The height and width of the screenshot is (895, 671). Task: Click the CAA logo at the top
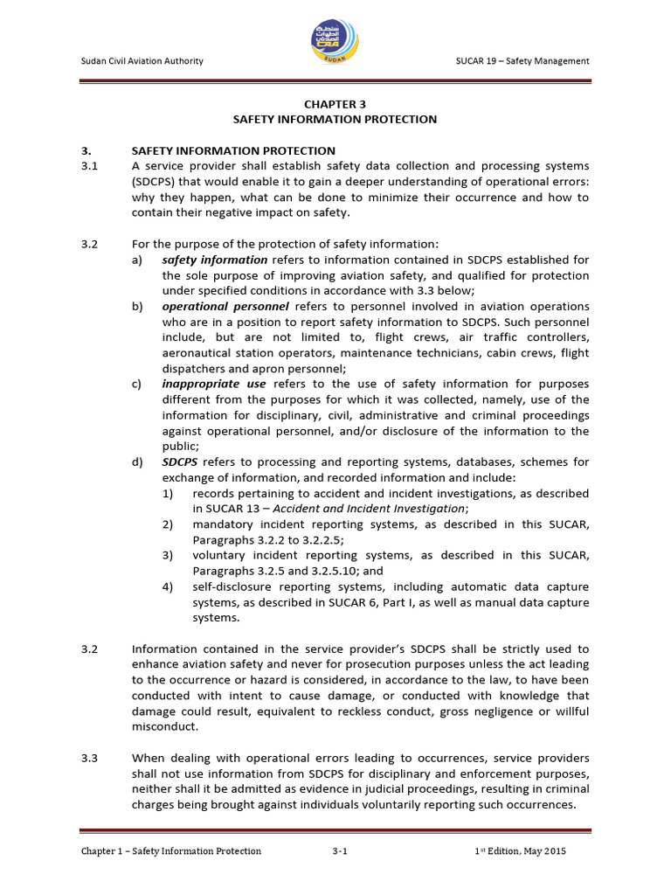tap(335, 38)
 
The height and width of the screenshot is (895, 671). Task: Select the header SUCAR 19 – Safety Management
tap(522, 60)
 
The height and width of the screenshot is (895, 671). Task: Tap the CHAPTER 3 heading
tap(335, 103)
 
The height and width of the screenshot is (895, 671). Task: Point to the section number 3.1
tap(87, 165)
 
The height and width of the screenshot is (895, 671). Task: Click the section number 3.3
tap(87, 759)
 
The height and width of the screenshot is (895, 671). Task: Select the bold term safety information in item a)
tap(215, 260)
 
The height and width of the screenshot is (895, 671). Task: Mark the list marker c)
tap(137, 384)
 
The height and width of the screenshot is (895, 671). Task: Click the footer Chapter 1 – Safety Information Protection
tap(170, 851)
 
